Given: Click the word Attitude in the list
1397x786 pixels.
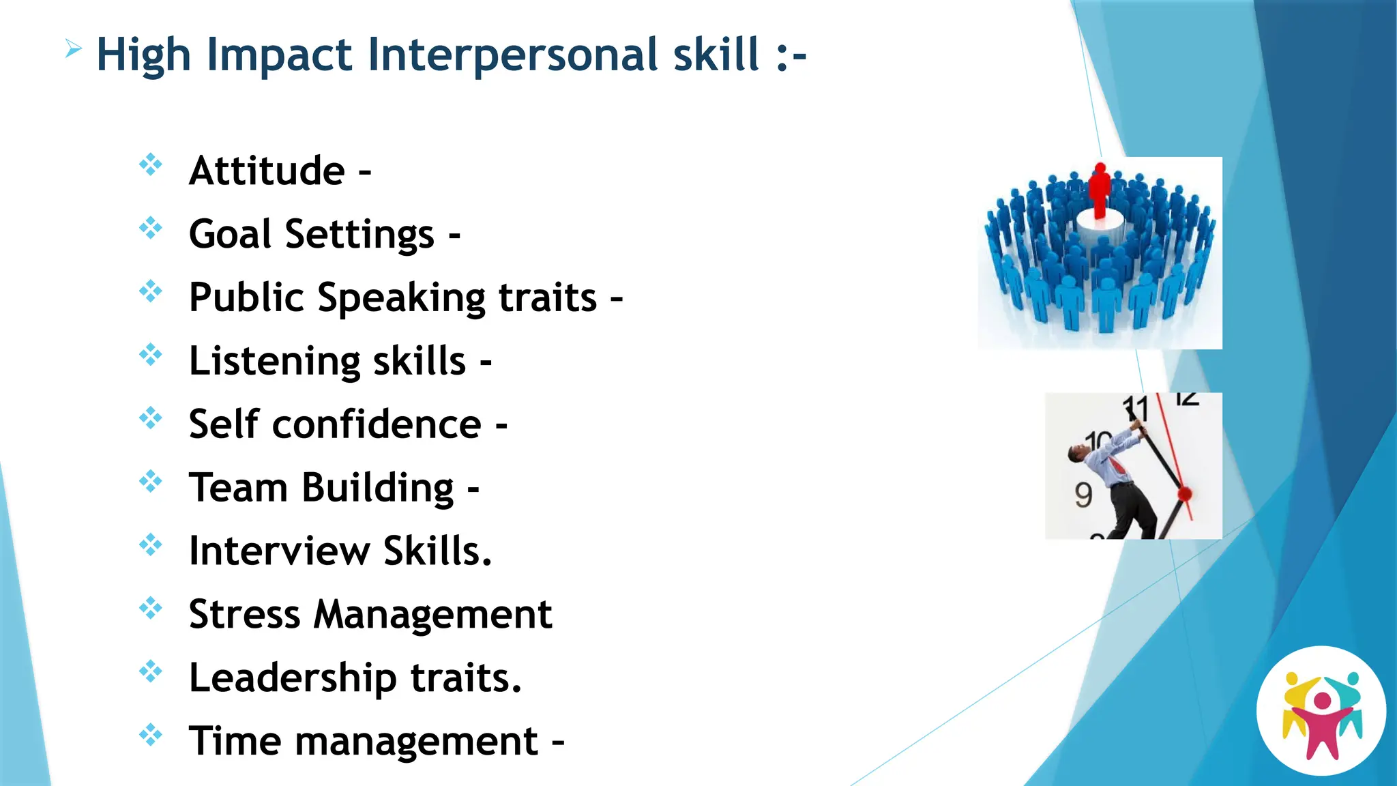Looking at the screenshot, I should (x=267, y=171).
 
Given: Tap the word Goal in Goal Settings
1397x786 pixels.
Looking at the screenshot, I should (x=229, y=234).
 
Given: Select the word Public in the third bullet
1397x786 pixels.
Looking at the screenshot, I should (x=246, y=297).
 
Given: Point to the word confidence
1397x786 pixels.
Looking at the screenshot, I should (x=377, y=424).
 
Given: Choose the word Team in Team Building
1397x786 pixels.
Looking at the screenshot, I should (x=238, y=488).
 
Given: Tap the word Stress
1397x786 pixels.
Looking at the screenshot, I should (x=244, y=614).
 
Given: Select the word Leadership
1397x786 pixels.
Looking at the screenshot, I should (x=293, y=678).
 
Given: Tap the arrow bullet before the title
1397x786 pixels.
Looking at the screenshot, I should (x=74, y=49).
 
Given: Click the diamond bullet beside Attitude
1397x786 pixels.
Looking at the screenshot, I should (x=151, y=164).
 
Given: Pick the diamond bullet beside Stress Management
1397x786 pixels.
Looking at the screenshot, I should (x=151, y=608).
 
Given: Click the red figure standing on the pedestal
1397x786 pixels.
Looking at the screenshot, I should (x=1099, y=190).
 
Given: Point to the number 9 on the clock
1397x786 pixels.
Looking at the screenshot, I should (x=1083, y=495).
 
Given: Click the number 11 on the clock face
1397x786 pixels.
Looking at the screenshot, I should (x=1136, y=409).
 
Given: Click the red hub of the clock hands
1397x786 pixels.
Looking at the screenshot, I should (x=1184, y=493).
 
